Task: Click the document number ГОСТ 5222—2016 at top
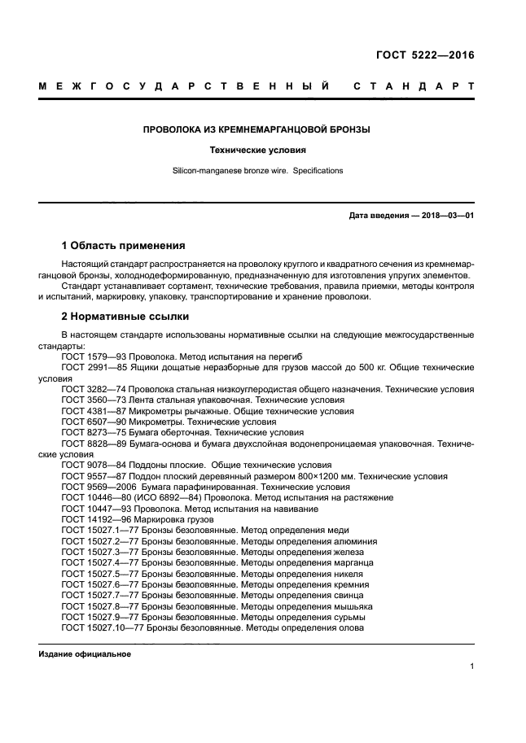(x=425, y=56)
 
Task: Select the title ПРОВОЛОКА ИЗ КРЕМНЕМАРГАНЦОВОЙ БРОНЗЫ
(x=256, y=129)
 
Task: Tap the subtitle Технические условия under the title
(x=256, y=151)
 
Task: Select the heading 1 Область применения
(x=123, y=246)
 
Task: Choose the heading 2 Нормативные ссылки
(x=125, y=316)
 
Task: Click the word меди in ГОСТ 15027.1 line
(x=337, y=530)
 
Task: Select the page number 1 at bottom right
(x=472, y=667)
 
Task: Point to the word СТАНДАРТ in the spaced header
(x=414, y=85)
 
